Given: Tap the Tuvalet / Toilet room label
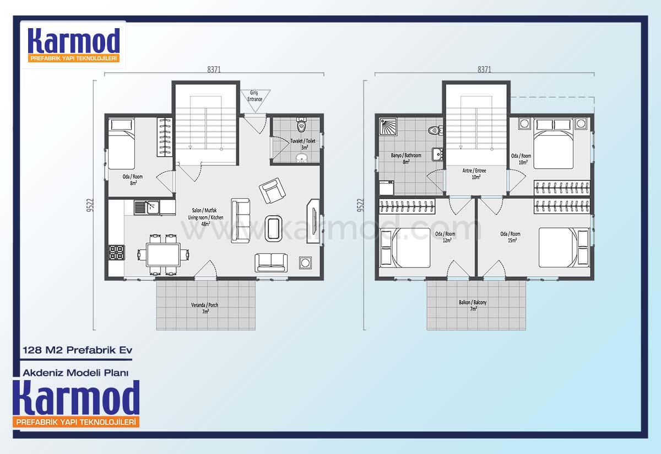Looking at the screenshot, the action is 303,144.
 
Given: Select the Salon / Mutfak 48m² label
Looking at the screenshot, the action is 205,217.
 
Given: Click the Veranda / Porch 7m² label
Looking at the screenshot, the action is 204,308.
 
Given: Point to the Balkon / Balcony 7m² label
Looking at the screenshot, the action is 473,305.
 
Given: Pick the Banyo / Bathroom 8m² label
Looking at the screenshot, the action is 406,158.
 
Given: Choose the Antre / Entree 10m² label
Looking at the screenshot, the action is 474,174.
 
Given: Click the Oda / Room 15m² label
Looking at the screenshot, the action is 510,237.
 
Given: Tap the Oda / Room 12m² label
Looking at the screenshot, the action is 445,237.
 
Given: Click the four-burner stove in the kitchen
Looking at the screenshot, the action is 117,253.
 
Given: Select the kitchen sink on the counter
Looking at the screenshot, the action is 147,207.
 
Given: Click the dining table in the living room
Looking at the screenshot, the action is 163,254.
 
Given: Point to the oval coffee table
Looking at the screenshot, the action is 274,228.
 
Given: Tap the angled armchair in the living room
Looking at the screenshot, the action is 272,191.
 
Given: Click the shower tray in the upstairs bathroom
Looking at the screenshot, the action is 388,126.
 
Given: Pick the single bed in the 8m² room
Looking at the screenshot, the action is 121,143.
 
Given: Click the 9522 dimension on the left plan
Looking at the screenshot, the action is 90,205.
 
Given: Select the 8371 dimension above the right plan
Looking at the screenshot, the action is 484,70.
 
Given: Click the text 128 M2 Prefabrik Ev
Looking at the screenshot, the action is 78,350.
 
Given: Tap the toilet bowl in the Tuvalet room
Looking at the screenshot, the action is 301,126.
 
